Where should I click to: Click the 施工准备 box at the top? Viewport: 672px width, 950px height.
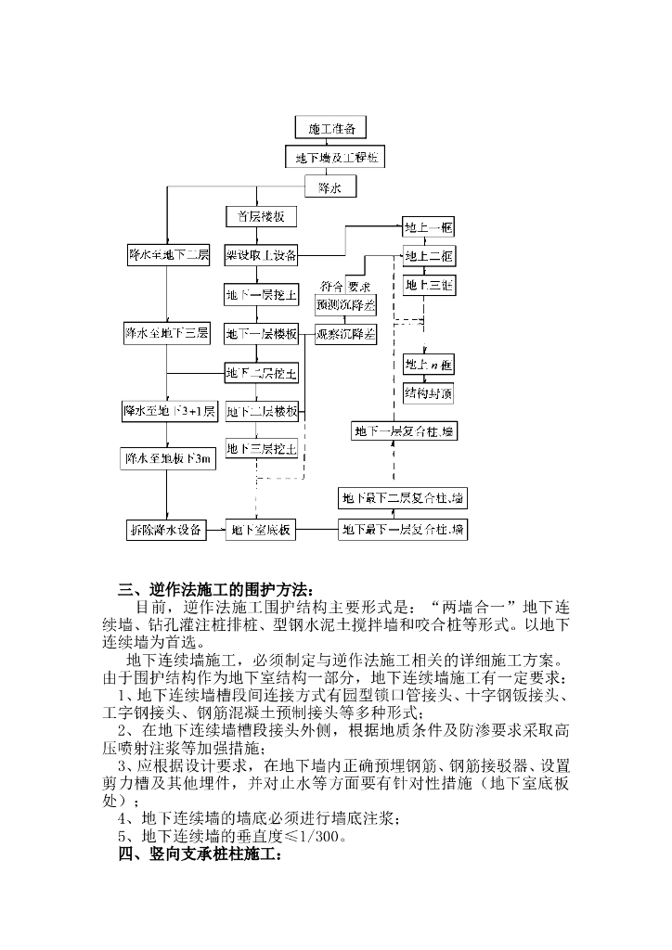pyautogui.click(x=331, y=127)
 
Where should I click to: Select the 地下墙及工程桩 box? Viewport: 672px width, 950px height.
pyautogui.click(x=335, y=159)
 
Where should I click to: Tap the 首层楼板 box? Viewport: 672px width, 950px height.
pyautogui.click(x=261, y=217)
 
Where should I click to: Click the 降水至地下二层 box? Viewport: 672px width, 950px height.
pyautogui.click(x=168, y=254)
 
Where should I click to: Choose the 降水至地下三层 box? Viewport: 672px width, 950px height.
pyautogui.click(x=168, y=332)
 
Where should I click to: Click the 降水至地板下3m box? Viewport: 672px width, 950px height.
pyautogui.click(x=168, y=458)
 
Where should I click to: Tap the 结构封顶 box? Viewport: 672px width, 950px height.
pyautogui.click(x=429, y=393)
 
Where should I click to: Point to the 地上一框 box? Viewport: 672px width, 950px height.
pyautogui.click(x=428, y=227)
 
